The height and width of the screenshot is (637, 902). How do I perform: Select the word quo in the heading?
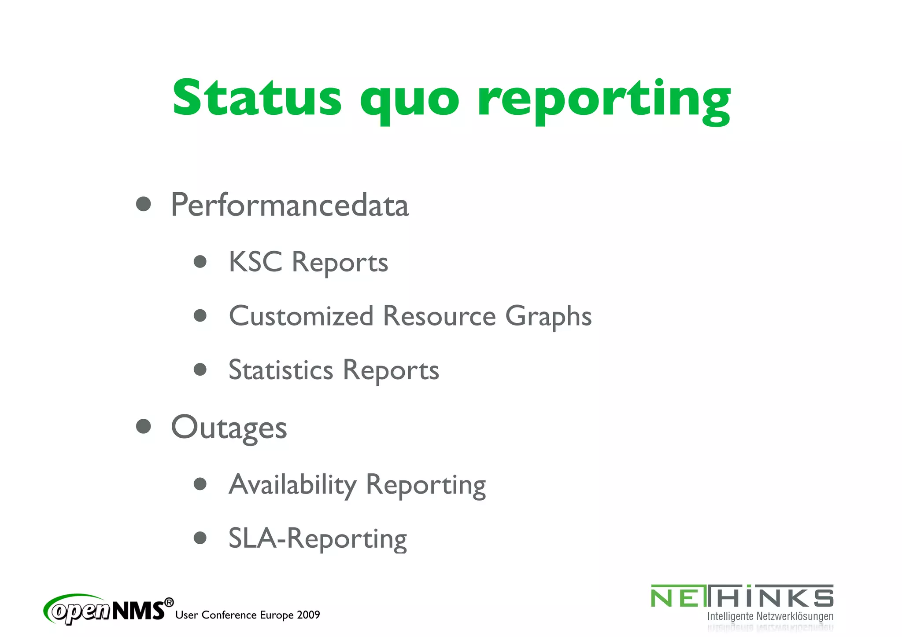410,100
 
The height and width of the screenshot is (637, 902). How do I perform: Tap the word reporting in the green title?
604,100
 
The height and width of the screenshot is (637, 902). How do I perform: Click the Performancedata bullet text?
290,205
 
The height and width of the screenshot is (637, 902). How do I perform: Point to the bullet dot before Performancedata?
144,204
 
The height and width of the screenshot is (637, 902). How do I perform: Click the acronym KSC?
255,262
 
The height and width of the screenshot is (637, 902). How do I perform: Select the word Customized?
301,316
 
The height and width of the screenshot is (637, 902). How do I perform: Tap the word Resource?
439,316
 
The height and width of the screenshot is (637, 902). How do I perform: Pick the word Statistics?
281,370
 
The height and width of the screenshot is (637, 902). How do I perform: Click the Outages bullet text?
229,428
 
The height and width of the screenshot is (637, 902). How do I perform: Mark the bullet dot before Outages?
144,426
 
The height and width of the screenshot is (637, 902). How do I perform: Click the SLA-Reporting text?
318,539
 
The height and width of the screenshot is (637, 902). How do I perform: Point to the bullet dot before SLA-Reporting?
200,538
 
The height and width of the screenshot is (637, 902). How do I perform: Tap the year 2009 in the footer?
308,615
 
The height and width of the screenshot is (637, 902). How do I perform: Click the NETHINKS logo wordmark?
742,597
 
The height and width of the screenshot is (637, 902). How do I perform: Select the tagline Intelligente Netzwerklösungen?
770,617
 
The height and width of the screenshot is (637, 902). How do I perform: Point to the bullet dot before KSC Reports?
200,262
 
